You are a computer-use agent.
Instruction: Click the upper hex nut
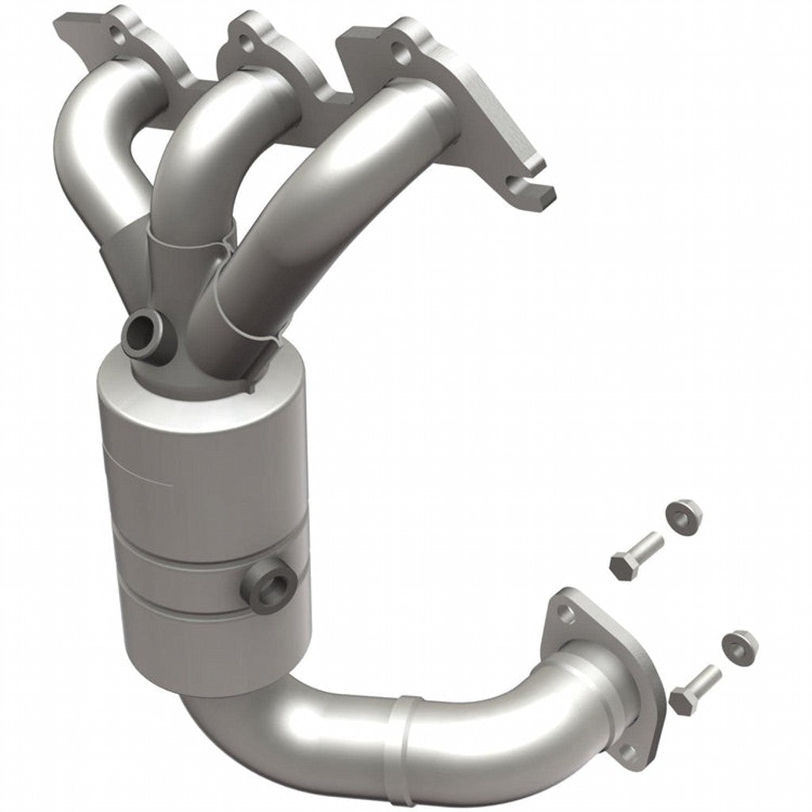[x=683, y=516]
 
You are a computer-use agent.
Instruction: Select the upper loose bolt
[x=635, y=553]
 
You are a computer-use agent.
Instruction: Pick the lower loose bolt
[x=695, y=688]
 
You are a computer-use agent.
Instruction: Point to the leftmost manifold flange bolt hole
[x=119, y=35]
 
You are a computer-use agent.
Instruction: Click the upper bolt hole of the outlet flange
[x=565, y=612]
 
